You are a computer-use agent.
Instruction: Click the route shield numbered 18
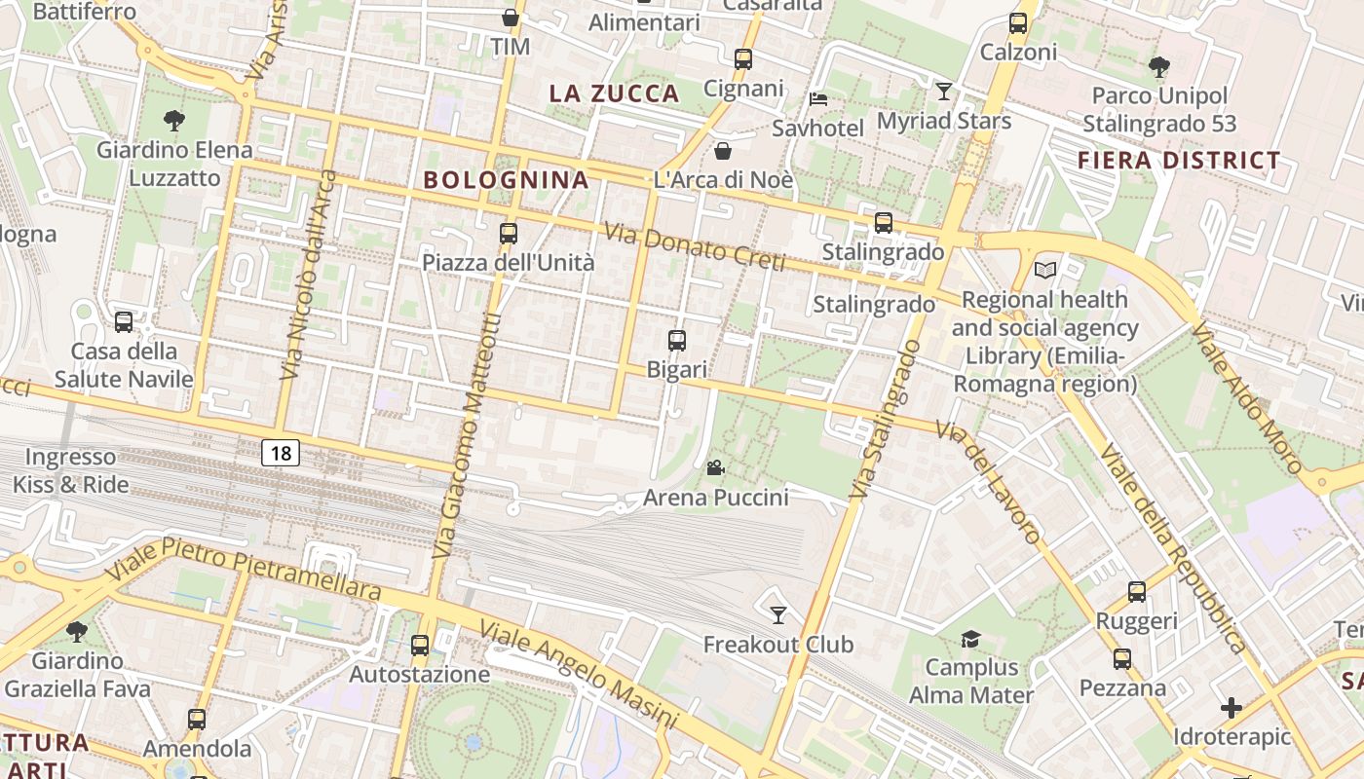click(281, 452)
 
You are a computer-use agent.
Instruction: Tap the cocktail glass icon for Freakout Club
click(777, 614)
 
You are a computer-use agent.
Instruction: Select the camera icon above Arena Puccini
click(715, 467)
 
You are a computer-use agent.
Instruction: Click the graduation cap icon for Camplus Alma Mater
click(970, 639)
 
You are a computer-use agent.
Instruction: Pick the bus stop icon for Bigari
click(677, 341)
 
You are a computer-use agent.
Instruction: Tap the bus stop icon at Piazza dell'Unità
click(508, 234)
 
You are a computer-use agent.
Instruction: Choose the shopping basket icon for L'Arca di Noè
click(723, 151)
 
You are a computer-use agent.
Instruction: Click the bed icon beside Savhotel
click(818, 99)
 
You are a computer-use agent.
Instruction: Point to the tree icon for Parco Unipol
click(1158, 67)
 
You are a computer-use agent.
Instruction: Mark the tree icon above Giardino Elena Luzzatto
click(174, 121)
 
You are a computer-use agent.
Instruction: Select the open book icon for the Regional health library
click(1045, 270)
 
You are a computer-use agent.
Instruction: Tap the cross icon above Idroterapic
click(1231, 707)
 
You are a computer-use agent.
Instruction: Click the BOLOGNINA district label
click(507, 179)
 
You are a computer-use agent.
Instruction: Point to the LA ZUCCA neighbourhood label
click(614, 93)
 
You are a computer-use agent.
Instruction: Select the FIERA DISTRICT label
click(1179, 161)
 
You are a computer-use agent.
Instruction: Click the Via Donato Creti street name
click(694, 246)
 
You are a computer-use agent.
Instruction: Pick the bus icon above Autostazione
click(420, 645)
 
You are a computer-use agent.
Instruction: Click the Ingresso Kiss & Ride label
click(70, 469)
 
